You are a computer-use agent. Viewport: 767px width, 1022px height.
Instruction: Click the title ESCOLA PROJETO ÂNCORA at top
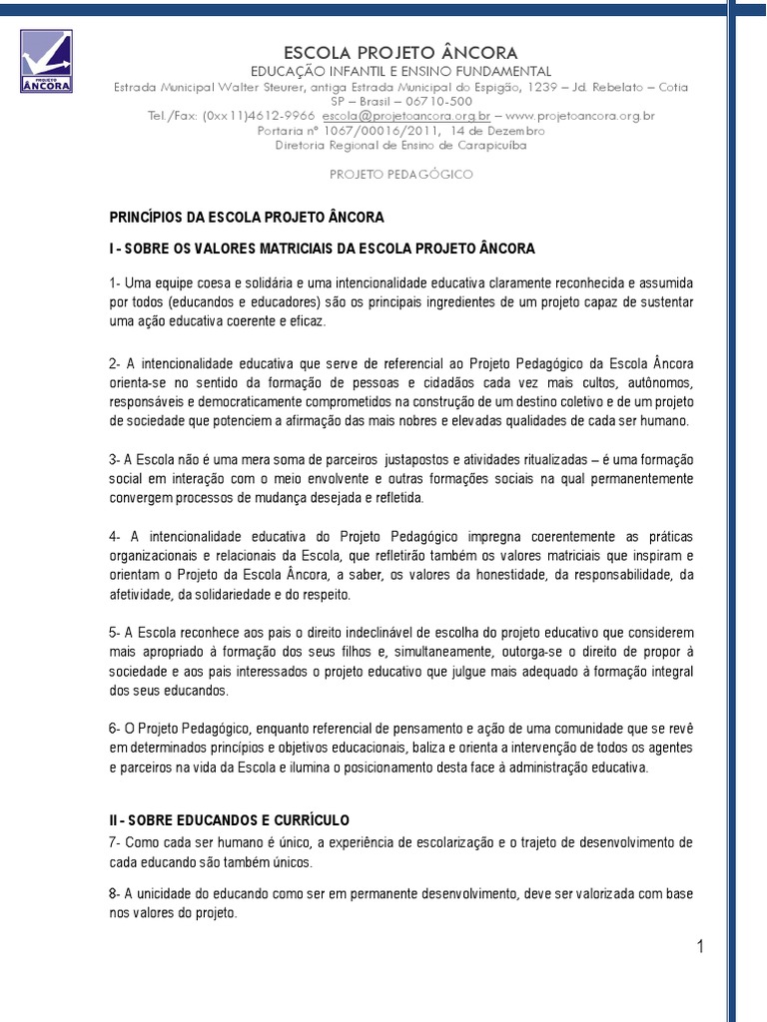tap(400, 52)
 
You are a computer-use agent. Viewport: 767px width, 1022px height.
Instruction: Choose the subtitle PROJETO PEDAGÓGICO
tap(400, 174)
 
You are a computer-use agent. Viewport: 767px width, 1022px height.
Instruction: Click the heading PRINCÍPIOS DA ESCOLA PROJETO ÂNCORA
tap(247, 217)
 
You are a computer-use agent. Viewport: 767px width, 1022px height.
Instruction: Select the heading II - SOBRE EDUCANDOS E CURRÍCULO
tap(230, 819)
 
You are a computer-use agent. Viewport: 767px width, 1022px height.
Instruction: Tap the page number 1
tap(701, 947)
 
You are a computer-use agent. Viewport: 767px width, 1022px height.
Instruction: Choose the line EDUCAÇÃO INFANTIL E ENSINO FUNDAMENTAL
tap(400, 71)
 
